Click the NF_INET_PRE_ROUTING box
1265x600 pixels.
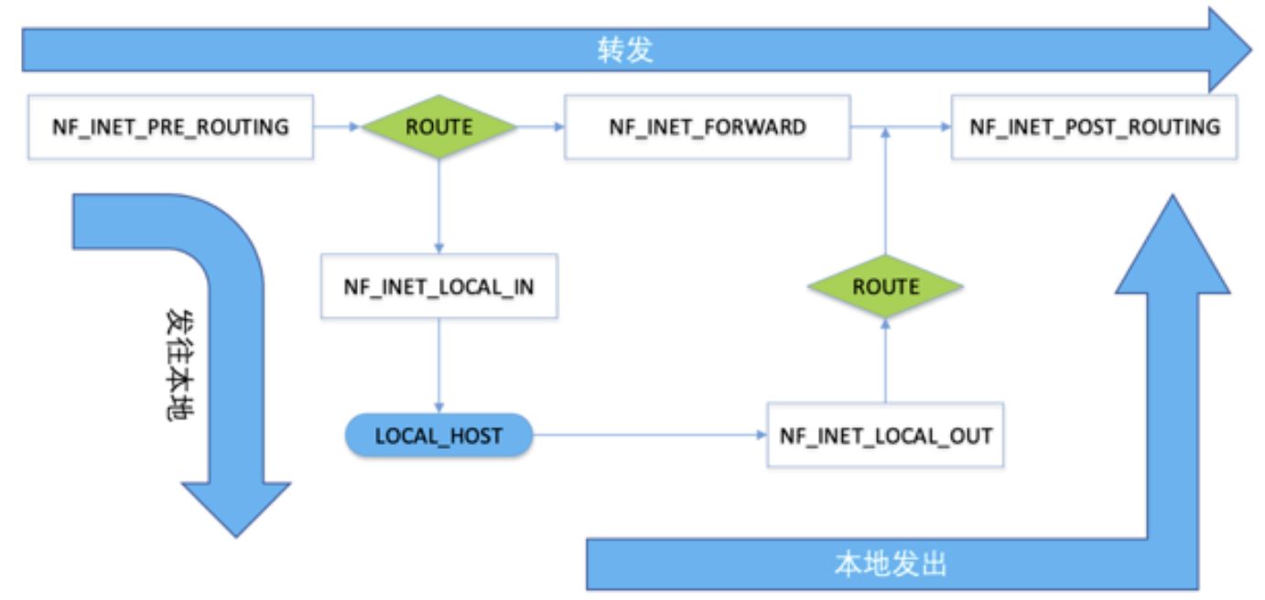[x=170, y=126]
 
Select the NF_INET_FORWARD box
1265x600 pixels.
[x=707, y=126]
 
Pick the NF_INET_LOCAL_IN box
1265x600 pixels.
[x=439, y=286]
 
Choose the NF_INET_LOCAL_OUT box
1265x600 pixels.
[x=885, y=435]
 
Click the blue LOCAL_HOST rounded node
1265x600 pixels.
[x=438, y=435]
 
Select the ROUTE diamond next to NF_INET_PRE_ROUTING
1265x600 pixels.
[x=438, y=126]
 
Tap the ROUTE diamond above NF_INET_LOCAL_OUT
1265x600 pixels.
[x=885, y=286]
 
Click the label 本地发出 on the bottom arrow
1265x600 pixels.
[x=890, y=564]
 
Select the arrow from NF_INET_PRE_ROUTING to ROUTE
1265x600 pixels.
[x=337, y=127]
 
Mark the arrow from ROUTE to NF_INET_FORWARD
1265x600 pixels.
[x=541, y=127]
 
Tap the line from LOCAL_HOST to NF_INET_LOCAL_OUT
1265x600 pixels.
[x=650, y=435]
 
